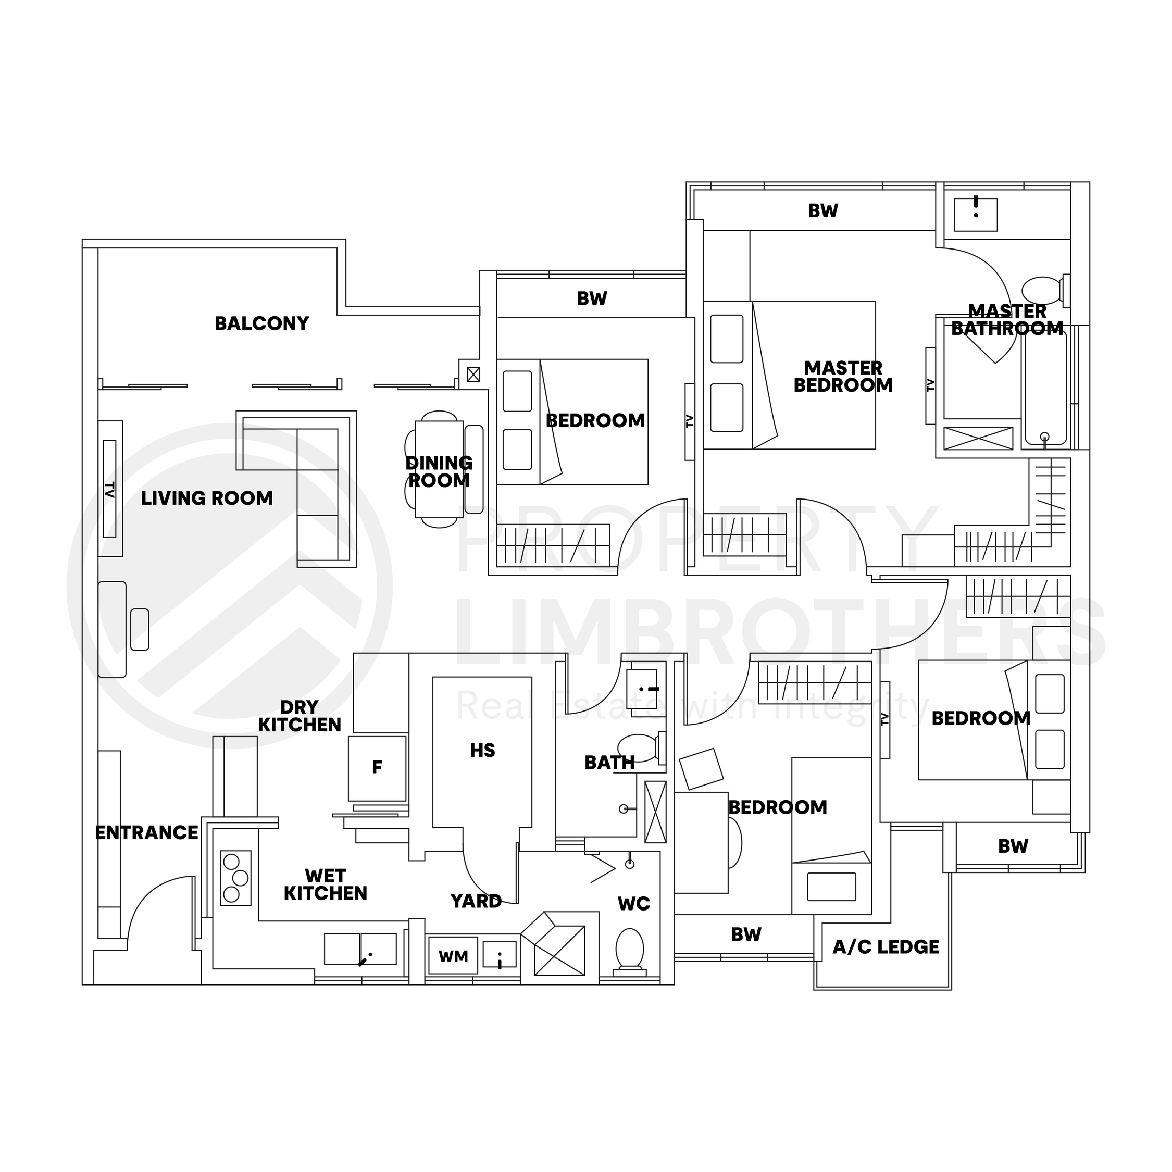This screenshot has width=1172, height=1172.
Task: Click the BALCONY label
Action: (261, 323)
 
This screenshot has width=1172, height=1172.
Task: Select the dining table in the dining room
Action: (439, 469)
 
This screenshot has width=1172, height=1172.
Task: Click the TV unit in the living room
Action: (110, 489)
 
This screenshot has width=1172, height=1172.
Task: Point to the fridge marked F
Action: (377, 768)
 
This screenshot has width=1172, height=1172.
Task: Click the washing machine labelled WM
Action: (453, 956)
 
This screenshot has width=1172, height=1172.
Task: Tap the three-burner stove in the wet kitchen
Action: (235, 878)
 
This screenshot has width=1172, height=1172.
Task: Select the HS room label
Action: (482, 751)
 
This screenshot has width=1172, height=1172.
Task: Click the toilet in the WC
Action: (630, 951)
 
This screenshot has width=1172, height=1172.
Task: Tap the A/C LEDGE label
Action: (886, 947)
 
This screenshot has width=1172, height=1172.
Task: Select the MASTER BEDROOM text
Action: (843, 377)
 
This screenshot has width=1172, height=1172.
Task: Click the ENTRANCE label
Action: (147, 833)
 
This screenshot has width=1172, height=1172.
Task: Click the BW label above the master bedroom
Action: (822, 211)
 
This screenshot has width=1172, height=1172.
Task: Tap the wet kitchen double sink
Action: (360, 949)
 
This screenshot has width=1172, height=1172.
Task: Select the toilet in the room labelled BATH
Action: (638, 747)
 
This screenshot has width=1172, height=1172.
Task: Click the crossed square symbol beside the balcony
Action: (473, 375)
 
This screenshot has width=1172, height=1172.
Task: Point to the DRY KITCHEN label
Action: (300, 716)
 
